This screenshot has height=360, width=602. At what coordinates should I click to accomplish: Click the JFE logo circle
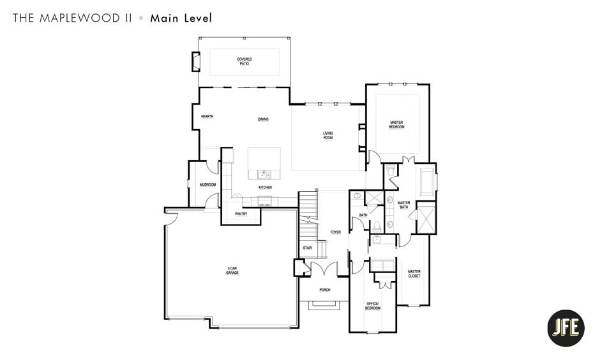click(x=566, y=327)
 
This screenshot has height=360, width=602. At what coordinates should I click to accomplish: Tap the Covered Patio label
click(x=245, y=61)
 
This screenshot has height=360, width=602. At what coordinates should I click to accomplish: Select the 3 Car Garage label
click(x=232, y=271)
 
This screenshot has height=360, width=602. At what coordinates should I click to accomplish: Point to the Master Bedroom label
click(x=396, y=124)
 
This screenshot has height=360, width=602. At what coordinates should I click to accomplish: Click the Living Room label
click(x=327, y=135)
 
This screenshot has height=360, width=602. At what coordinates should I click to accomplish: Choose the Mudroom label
click(x=207, y=184)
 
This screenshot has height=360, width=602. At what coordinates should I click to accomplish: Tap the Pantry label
click(x=241, y=214)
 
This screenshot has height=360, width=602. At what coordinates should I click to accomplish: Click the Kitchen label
click(x=265, y=187)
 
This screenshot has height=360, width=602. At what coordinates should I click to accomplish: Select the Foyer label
click(x=335, y=232)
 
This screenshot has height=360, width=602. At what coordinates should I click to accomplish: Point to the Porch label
click(x=325, y=290)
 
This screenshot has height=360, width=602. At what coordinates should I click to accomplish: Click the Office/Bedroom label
click(x=373, y=305)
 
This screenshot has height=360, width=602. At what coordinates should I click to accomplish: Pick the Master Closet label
click(x=414, y=274)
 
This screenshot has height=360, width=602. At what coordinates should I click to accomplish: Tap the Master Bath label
click(x=403, y=205)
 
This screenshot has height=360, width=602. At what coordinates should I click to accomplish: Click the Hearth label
click(x=207, y=116)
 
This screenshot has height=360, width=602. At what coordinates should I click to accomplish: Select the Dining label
click(x=263, y=119)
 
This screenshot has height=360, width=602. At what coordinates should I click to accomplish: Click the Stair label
click(x=307, y=248)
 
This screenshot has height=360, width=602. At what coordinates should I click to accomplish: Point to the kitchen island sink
click(x=264, y=174)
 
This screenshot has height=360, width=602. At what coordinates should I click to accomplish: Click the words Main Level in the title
click(x=181, y=18)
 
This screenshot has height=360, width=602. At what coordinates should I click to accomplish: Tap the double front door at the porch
click(x=324, y=269)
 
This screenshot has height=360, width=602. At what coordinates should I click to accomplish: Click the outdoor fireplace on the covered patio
click(x=193, y=62)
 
